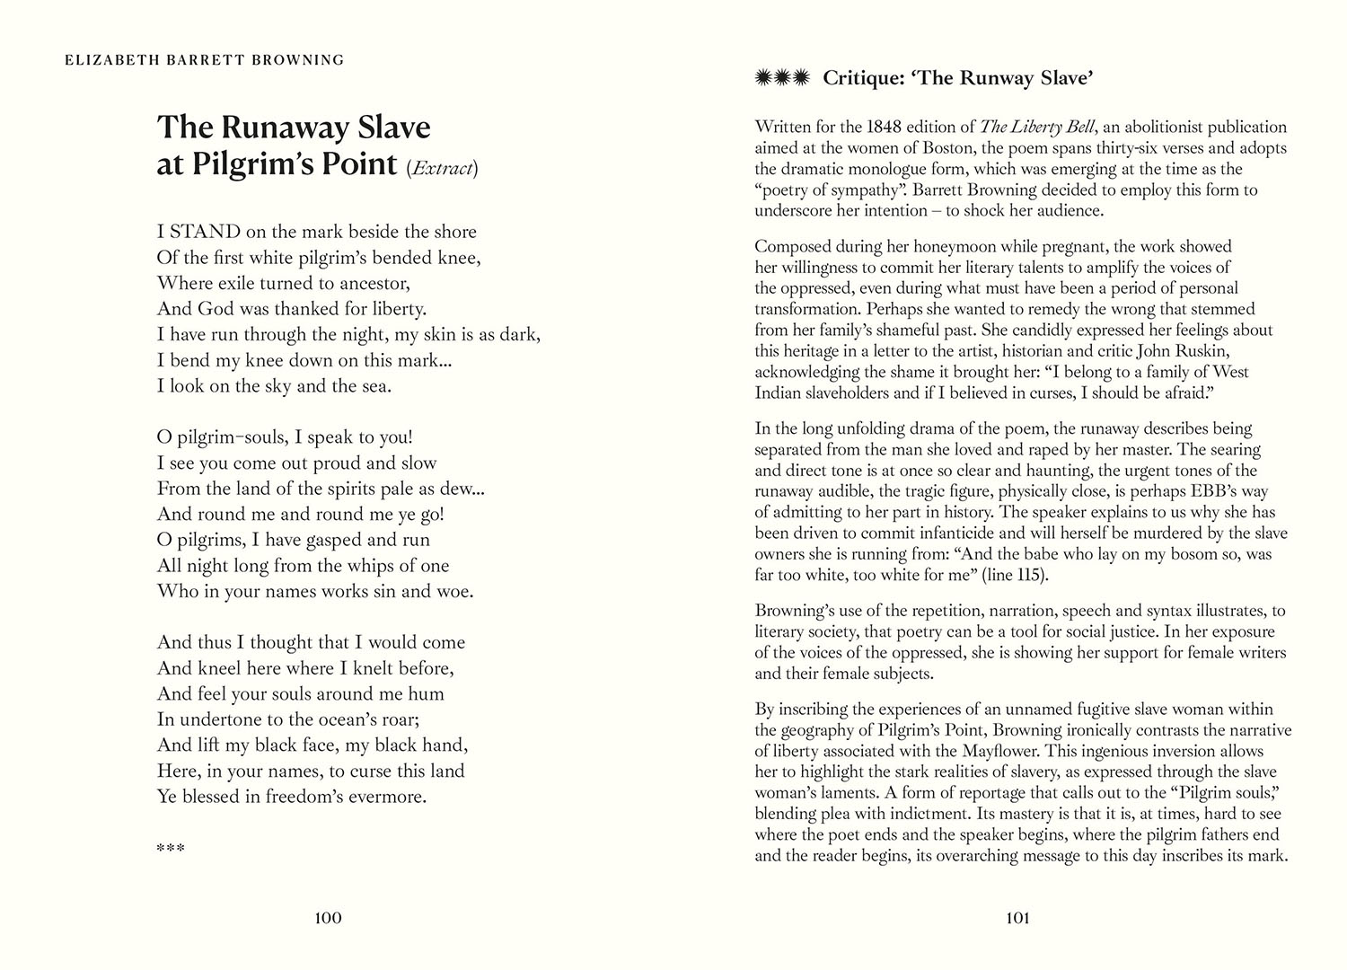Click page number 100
click(328, 918)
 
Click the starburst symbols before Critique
click(783, 78)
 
